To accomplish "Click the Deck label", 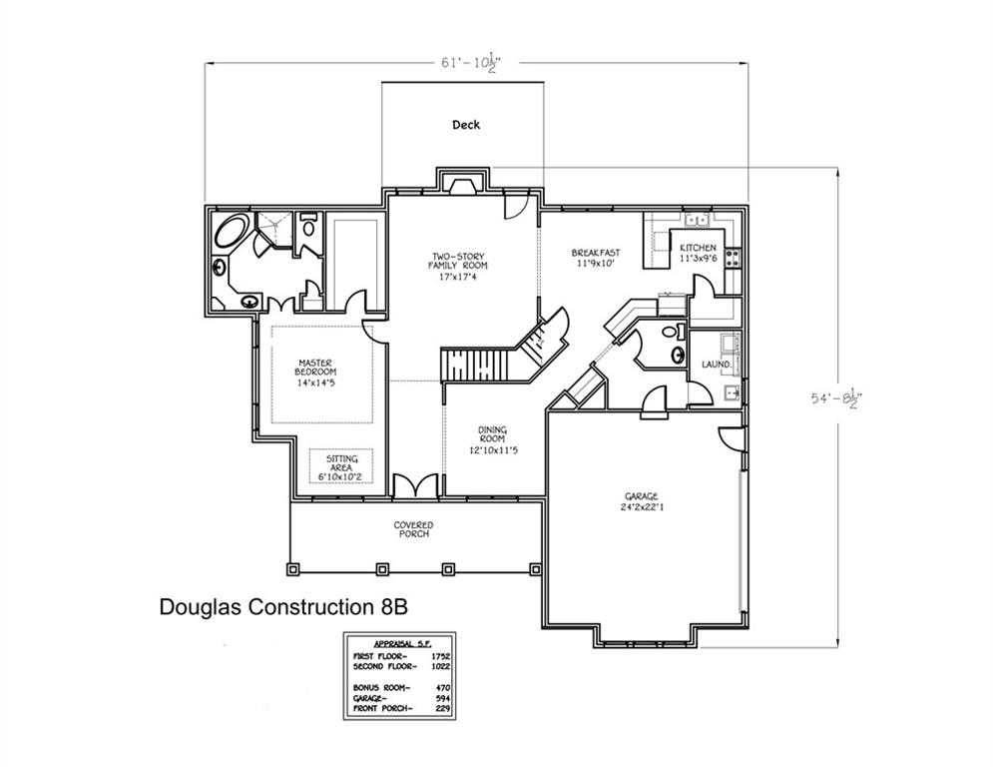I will [x=466, y=125].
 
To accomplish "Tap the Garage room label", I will [x=641, y=501].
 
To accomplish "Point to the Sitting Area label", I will [x=341, y=465].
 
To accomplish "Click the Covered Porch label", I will [x=412, y=528].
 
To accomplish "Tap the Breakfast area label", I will [x=596, y=258].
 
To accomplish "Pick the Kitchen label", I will [x=698, y=253].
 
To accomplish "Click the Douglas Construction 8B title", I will [x=283, y=606].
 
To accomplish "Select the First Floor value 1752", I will [x=440, y=655].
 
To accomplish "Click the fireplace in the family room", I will [x=461, y=183].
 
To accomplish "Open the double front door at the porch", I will [x=413, y=486].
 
